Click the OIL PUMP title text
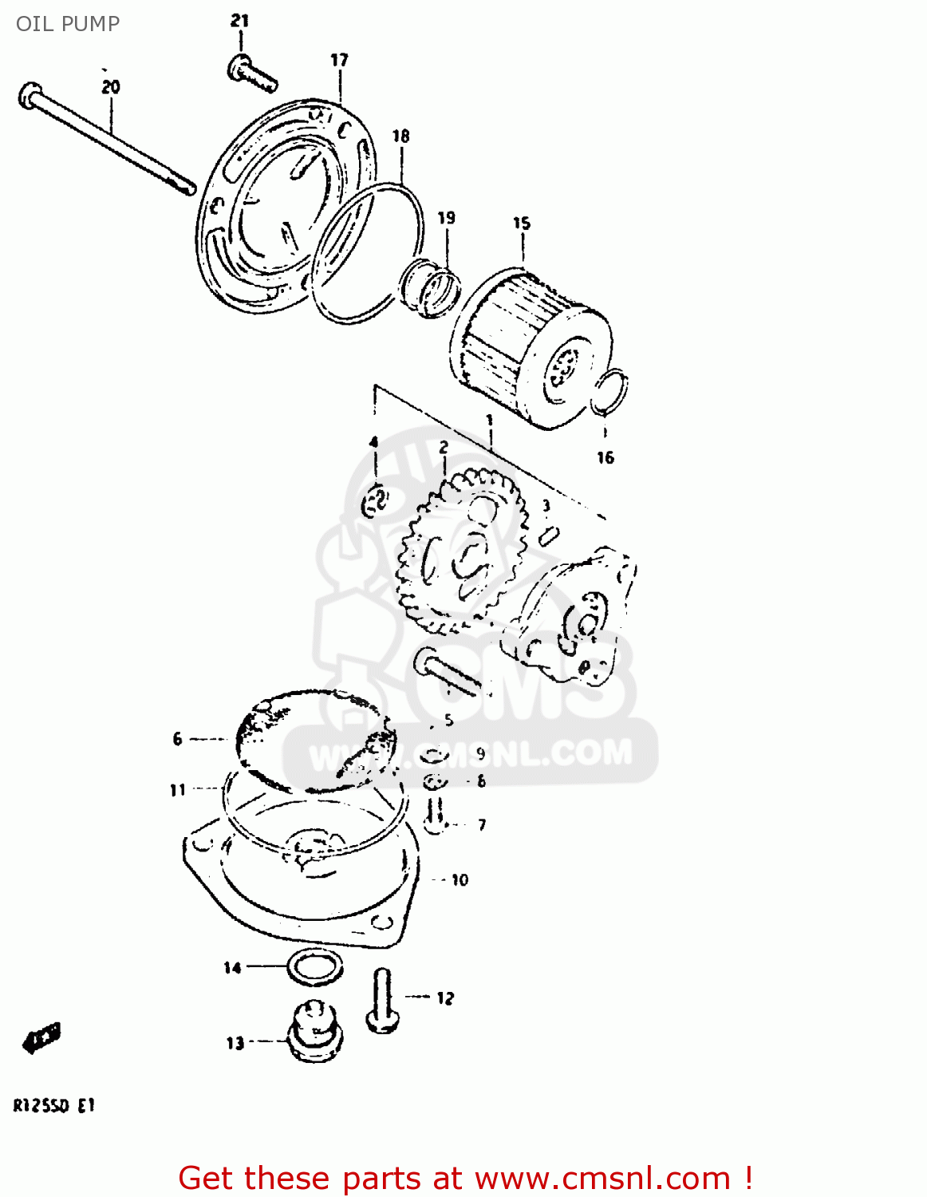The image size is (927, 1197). (x=68, y=24)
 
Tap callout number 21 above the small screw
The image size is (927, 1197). (x=240, y=21)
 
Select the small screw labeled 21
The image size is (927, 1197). (x=252, y=73)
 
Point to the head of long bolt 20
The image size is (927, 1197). (x=29, y=95)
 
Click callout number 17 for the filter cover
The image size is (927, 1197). (x=340, y=60)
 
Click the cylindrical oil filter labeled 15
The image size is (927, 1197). (x=530, y=348)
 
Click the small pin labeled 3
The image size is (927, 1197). (x=548, y=535)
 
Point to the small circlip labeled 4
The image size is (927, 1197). (x=375, y=501)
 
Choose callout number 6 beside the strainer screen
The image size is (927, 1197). (x=177, y=739)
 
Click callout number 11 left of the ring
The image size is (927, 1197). (x=177, y=790)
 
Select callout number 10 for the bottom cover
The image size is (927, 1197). (x=460, y=880)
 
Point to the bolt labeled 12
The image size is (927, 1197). (x=381, y=1001)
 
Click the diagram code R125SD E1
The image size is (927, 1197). (x=53, y=1106)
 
